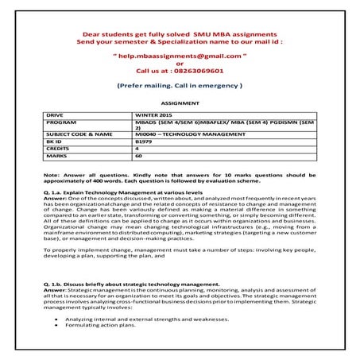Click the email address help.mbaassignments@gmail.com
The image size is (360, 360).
tap(180, 57)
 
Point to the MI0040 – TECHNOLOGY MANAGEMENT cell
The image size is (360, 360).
tap(182, 134)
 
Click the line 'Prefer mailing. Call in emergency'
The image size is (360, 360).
tap(179, 83)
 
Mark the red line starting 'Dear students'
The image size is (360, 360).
tap(180, 36)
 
